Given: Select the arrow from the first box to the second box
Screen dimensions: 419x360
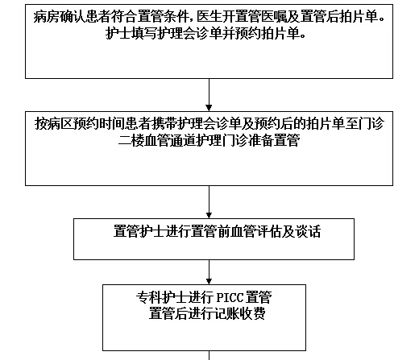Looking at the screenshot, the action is pos(209,95).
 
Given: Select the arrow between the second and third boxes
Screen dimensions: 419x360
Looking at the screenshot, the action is pos(209,202).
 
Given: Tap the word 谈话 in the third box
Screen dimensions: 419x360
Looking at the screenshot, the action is pos(309,231).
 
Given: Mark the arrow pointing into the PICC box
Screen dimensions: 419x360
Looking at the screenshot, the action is pos(209,272).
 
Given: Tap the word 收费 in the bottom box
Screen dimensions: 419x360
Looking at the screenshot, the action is pos(253,313).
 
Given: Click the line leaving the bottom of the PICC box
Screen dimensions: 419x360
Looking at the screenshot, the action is pos(209,355).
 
